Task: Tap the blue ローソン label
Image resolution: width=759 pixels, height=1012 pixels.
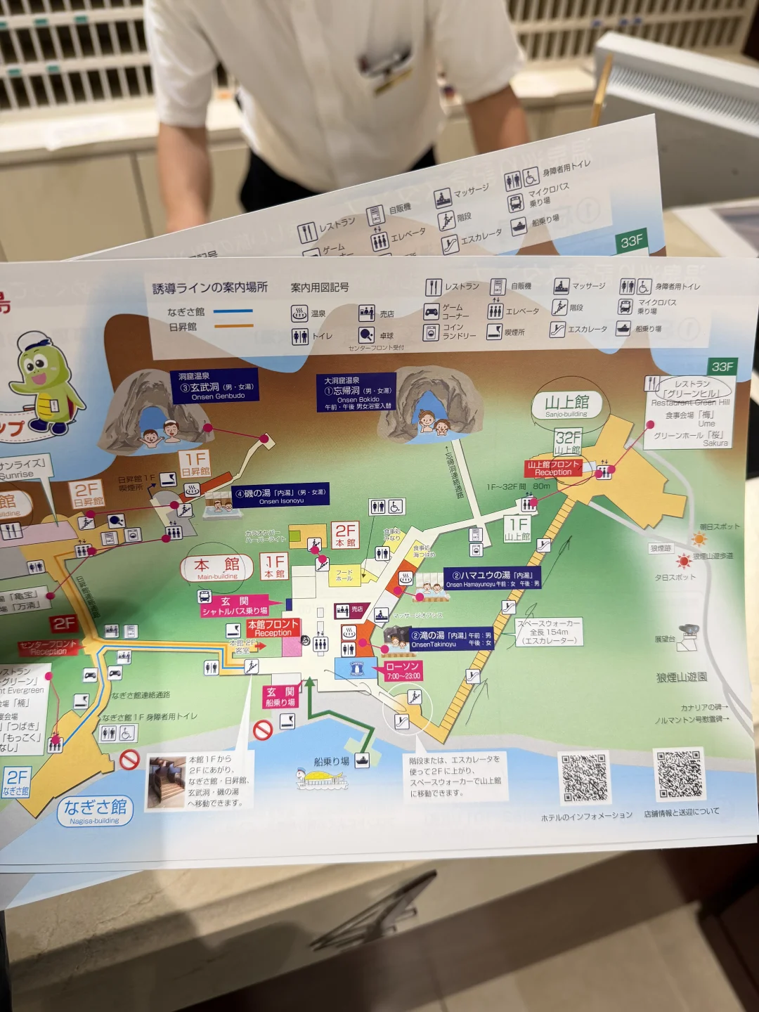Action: point(356,668)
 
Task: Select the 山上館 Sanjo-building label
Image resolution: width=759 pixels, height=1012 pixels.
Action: point(567,405)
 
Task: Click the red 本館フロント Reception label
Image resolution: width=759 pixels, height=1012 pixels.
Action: point(273,628)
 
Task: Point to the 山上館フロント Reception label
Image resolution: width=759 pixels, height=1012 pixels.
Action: point(554,468)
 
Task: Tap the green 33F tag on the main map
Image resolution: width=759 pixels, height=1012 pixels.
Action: point(722,367)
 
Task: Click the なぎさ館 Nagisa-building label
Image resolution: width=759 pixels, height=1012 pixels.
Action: point(95,810)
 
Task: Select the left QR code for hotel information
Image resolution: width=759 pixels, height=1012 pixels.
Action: point(583,777)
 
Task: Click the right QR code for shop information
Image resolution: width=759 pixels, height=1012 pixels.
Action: point(679,774)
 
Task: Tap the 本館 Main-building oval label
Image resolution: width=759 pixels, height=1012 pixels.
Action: point(217,568)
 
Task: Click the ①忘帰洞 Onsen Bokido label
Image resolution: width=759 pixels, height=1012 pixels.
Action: point(357,393)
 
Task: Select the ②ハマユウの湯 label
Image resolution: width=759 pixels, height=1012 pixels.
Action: point(492,578)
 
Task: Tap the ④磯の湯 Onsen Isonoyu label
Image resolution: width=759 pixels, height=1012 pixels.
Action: point(280,495)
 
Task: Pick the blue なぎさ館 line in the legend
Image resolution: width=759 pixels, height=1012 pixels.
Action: point(233,311)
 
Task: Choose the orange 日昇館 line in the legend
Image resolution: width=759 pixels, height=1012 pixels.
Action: point(233,326)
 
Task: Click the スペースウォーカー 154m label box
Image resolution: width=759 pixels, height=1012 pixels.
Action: point(549,632)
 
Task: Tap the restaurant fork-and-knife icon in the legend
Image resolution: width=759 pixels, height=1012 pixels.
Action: point(433,287)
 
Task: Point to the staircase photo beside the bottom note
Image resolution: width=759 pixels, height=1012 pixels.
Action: point(167,782)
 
